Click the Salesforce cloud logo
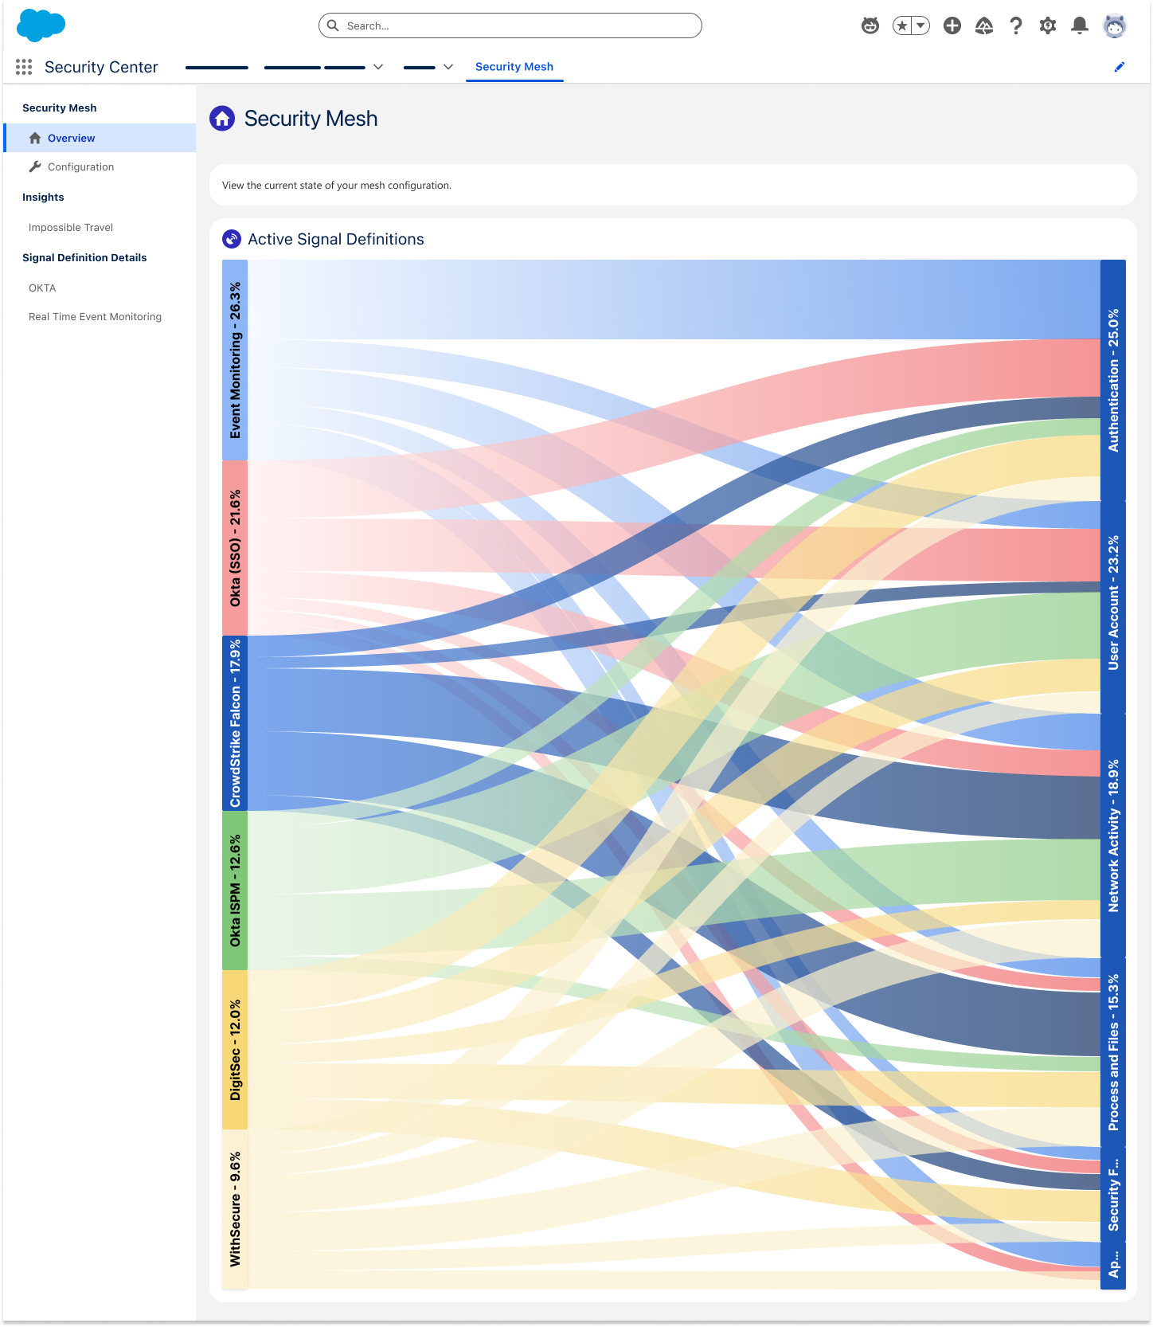pyautogui.click(x=41, y=25)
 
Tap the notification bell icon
pyautogui.click(x=1079, y=25)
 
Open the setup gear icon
pyautogui.click(x=1047, y=25)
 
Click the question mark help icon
pyautogui.click(x=1016, y=25)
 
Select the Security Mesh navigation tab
pyautogui.click(x=514, y=67)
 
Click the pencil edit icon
pyautogui.click(x=1120, y=67)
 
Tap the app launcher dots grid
pyautogui.click(x=24, y=67)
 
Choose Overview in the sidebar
pyautogui.click(x=71, y=138)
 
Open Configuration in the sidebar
pyautogui.click(x=80, y=166)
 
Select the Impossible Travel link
pyautogui.click(x=71, y=227)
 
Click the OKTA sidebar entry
pyautogui.click(x=42, y=288)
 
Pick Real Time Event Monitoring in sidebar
pyautogui.click(x=95, y=316)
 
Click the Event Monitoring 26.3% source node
pyautogui.click(x=235, y=360)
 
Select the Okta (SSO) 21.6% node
pyautogui.click(x=235, y=548)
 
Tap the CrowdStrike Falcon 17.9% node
pyautogui.click(x=235, y=723)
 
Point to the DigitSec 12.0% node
pyautogui.click(x=235, y=1050)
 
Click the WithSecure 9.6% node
pyautogui.click(x=235, y=1209)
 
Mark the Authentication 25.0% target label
pyautogui.click(x=1113, y=381)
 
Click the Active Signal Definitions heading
pyautogui.click(x=335, y=239)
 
